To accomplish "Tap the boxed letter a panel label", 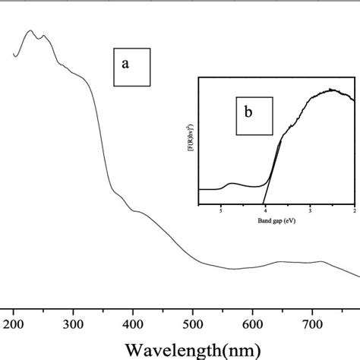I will [127, 65].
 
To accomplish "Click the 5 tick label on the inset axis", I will [220, 213].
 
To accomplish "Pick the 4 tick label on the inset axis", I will [265, 213].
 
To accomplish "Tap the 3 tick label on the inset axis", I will [311, 213].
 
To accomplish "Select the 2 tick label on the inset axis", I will [354, 213].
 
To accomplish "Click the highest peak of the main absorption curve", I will [30, 31].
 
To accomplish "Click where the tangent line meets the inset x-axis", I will [263, 205].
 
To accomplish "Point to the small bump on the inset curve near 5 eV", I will [232, 184].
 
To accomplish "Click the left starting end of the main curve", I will [14, 55].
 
